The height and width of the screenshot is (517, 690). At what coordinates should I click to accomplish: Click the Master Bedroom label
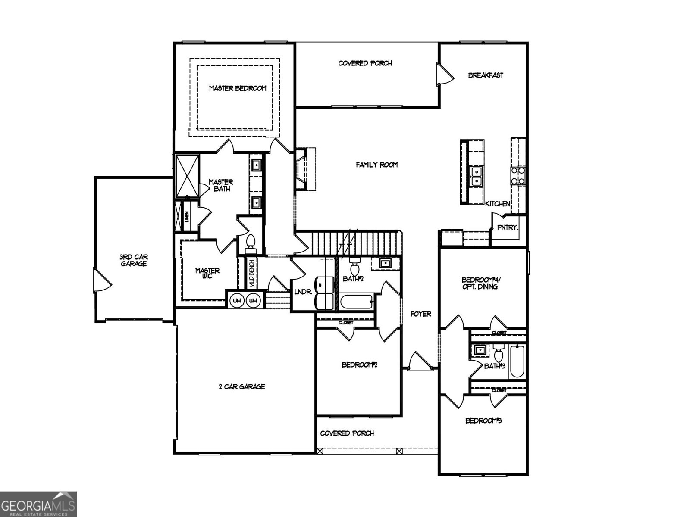point(238,88)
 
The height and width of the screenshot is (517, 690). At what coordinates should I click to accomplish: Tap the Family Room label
point(376,165)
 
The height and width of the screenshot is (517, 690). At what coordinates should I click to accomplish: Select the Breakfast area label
point(486,75)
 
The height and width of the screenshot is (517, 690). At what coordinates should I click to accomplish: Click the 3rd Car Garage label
point(134,260)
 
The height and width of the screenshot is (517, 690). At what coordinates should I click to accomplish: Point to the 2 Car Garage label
point(241,387)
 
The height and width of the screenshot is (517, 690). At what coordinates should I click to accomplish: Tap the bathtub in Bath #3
point(517,362)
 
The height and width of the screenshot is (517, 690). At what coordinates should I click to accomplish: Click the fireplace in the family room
point(305,169)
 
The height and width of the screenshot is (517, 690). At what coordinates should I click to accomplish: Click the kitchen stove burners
point(518,176)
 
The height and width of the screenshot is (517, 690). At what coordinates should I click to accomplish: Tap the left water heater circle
point(236,300)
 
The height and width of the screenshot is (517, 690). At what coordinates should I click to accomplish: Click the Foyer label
point(420,314)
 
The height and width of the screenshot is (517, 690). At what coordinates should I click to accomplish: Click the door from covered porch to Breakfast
point(444,75)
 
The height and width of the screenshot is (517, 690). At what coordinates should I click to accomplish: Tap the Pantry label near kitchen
point(508,227)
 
